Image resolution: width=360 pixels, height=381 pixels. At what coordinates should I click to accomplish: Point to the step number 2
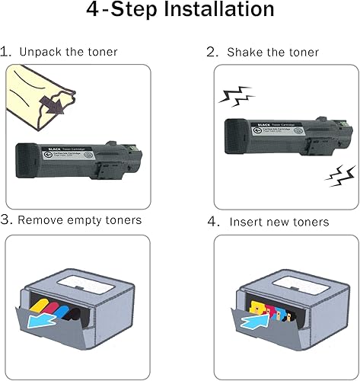212,53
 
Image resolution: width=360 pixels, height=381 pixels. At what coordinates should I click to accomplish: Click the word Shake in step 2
242,53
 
